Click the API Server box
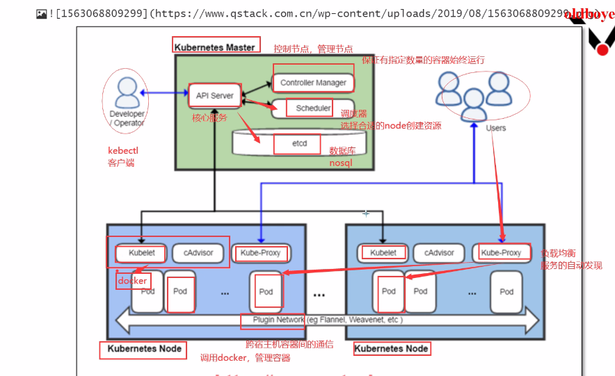214,95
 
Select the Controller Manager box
313,83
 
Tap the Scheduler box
313,108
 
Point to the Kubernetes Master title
215,47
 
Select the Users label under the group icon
495,128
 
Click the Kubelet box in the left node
142,253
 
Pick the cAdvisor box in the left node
198,253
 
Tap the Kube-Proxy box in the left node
260,253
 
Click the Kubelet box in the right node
383,253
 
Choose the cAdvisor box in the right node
439,253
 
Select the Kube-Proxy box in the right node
501,253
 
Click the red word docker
132,281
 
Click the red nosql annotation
341,163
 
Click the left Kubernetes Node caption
145,348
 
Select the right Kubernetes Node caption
392,348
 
